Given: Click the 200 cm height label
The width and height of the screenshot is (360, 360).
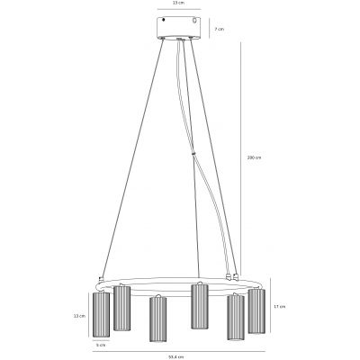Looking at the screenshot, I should tap(254, 157).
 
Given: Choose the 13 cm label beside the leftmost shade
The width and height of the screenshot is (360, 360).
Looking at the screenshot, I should tap(80, 316).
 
